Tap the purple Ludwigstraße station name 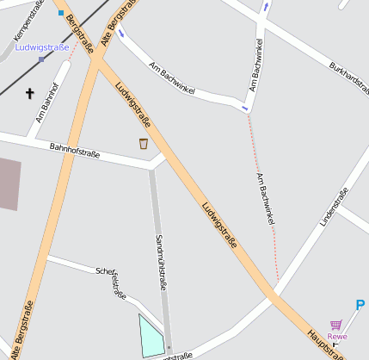(x=42, y=47)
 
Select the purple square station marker (x=41, y=59)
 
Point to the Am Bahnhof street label (x=48, y=100)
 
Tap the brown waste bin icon (x=143, y=144)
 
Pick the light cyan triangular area (x=151, y=337)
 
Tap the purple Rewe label (x=337, y=336)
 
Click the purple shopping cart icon (x=335, y=325)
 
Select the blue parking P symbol (x=360, y=305)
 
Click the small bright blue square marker (x=60, y=13)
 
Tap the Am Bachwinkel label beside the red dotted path (x=265, y=199)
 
